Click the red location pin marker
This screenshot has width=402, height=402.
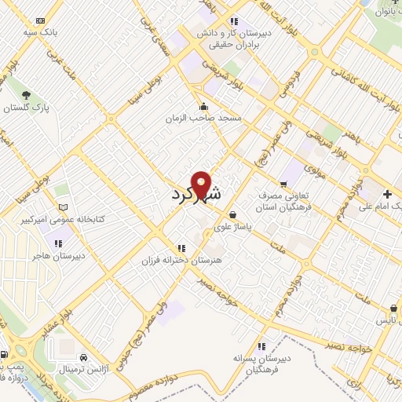point(202,184)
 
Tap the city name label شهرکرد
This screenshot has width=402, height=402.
point(196,193)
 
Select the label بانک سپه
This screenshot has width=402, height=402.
point(42,32)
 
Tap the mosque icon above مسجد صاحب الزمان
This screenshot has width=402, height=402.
point(204,106)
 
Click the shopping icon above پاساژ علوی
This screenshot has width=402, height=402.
point(232,214)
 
